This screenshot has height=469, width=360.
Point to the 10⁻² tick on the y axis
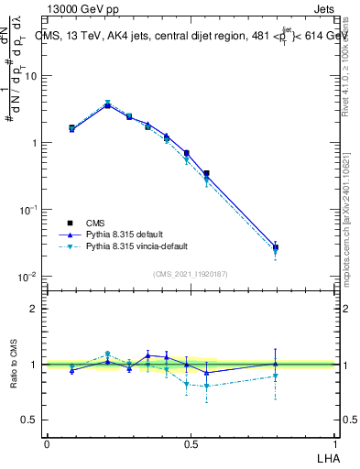(27, 277)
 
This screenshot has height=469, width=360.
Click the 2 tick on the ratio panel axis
(33, 309)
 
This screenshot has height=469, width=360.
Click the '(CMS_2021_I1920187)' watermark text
(191, 274)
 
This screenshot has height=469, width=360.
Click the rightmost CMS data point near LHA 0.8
(276, 247)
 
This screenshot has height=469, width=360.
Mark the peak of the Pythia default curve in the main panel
(108, 105)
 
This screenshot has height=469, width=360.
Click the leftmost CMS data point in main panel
(71, 128)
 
